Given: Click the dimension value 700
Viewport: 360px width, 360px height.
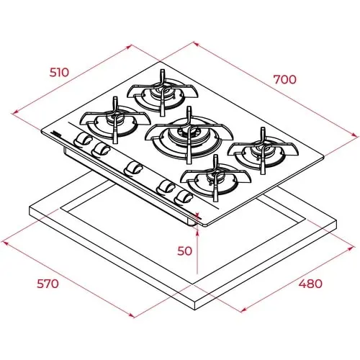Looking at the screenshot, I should (x=284, y=79).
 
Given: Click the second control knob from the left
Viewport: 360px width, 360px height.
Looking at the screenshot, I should (x=101, y=148).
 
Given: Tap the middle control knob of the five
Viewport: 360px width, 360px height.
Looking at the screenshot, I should (x=132, y=168).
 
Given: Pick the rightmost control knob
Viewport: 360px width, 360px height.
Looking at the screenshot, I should (x=184, y=197).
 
